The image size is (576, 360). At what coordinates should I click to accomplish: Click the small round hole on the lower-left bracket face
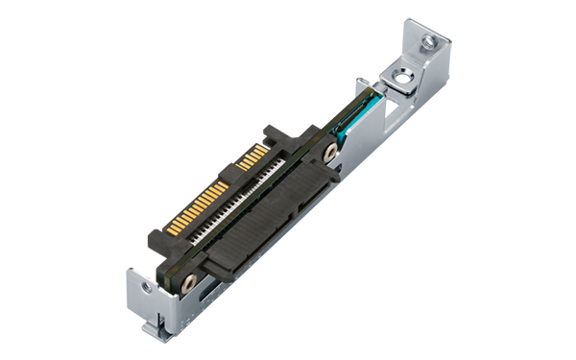click(144, 285)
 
